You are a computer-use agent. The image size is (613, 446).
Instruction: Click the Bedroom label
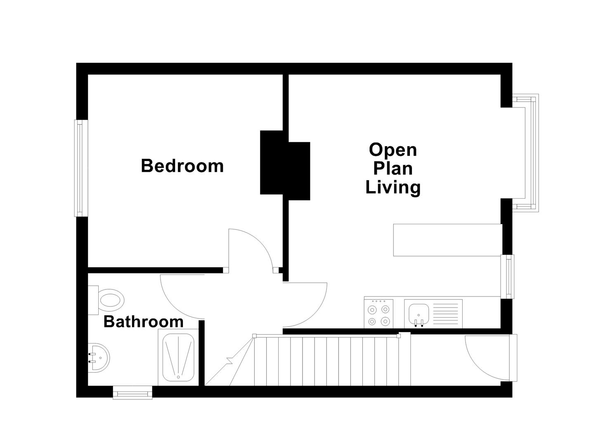pos(182,166)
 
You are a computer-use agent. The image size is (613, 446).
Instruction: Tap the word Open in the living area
pos(393,149)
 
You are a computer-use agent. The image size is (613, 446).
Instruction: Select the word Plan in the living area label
pos(393,168)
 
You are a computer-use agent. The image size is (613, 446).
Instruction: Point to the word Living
pos(393,187)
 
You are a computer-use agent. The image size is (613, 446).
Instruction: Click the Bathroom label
pos(143,321)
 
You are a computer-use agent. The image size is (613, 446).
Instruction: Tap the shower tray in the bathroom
pos(178,358)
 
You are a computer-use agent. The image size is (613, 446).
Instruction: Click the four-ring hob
pos(379,314)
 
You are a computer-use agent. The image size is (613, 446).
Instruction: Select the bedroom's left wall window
pos(81,168)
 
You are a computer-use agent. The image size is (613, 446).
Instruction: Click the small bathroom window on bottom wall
pos(133,392)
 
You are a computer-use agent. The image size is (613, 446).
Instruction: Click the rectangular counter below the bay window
pos(447,240)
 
